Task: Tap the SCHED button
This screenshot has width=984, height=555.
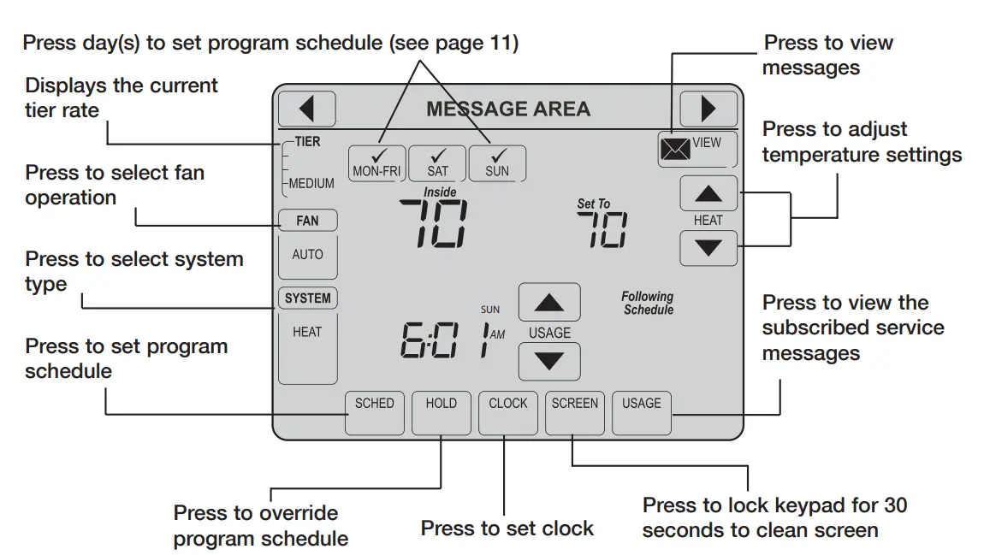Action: coord(374,413)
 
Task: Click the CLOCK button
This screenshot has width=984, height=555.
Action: coord(508,413)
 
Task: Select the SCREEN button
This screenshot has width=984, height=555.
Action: coord(575,413)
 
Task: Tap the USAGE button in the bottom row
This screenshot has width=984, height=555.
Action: coord(642,413)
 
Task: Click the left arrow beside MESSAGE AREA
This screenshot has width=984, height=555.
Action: coord(306,109)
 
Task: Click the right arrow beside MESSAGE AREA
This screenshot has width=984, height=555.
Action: coord(708,109)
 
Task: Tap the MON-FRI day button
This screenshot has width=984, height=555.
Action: coord(376,162)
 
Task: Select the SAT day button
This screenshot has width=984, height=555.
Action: coord(437,162)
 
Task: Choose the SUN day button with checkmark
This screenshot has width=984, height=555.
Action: coord(497,162)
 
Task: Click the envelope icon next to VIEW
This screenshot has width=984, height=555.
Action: coord(675,151)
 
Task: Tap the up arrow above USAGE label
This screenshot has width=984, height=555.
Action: coord(549,303)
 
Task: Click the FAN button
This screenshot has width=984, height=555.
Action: coord(307,221)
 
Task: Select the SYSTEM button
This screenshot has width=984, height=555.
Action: coord(307,298)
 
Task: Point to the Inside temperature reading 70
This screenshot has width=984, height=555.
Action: coord(436,224)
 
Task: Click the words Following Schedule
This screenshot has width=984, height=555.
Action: coord(648,303)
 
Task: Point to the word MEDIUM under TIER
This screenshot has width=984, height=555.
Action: coord(311,183)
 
